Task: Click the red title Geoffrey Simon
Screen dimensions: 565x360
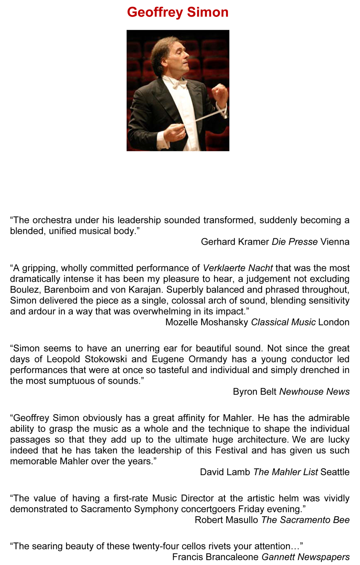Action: pos(178,12)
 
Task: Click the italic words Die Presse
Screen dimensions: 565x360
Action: pos(295,242)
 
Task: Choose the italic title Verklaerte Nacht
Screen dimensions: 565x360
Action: pos(238,268)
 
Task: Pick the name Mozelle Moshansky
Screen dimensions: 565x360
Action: pos(207,322)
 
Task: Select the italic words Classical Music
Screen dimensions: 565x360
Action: pos(283,322)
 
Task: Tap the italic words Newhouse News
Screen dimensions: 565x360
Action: pos(314,391)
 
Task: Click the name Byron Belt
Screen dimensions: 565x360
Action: pos(254,391)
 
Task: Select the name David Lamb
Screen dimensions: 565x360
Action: pos(225,472)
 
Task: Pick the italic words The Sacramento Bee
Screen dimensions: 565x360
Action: pos(305,520)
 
